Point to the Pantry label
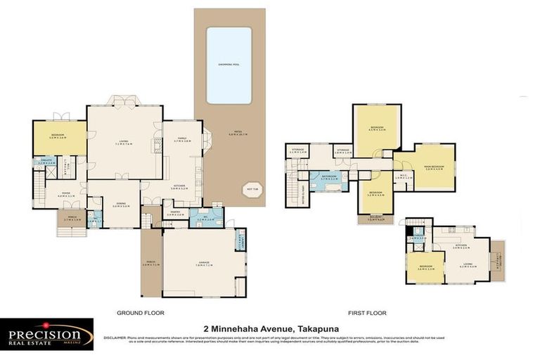173,212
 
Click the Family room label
182,140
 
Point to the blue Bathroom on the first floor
324,178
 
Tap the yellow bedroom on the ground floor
59,136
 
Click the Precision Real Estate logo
46,334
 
